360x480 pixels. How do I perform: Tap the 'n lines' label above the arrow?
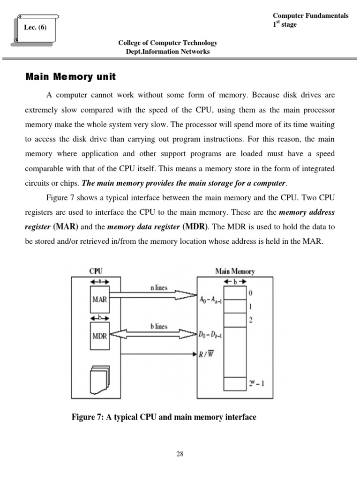click(158, 288)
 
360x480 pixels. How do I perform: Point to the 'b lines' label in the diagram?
click(158, 327)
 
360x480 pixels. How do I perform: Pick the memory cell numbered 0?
click(234, 293)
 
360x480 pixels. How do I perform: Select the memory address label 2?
click(251, 320)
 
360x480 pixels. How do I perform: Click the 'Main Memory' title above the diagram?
click(235, 271)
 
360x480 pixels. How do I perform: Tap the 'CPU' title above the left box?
click(96, 271)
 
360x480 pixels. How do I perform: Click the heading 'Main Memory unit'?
click(70, 76)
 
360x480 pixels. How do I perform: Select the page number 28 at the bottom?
click(180, 454)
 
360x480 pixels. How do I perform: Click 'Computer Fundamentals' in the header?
click(310, 15)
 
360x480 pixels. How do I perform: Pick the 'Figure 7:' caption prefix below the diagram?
click(87, 417)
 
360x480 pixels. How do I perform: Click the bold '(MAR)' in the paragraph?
click(66, 227)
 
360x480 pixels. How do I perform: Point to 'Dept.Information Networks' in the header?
click(168, 52)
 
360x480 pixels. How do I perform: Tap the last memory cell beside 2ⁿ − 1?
click(234, 383)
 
